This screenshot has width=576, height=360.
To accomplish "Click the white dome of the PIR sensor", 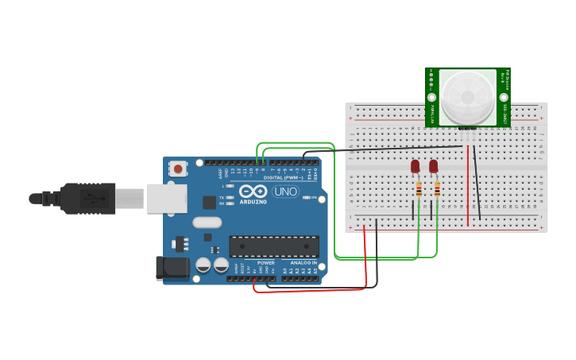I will (x=467, y=95).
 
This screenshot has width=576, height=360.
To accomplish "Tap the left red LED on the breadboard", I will (x=415, y=166).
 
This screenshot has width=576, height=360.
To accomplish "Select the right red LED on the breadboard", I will (x=433, y=166).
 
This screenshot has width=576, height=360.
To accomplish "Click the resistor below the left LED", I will (x=419, y=189).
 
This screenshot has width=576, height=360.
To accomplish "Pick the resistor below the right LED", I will (x=437, y=189).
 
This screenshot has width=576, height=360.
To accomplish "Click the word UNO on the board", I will (x=285, y=192).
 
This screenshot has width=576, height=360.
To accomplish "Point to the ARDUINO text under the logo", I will (x=253, y=201).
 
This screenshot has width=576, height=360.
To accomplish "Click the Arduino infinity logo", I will (x=253, y=192).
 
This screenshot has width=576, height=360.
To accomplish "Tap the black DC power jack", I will (x=172, y=268).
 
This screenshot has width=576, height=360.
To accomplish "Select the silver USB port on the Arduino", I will (x=167, y=198).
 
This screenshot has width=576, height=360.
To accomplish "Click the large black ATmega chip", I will (x=274, y=246).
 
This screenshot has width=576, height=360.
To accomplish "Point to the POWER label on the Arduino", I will (x=266, y=262).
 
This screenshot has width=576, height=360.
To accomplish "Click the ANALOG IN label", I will (x=303, y=262).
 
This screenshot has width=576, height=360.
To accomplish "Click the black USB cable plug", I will (x=87, y=198).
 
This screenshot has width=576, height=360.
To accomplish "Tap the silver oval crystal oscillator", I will (x=207, y=223).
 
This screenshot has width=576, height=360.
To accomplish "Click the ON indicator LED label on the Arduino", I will (x=314, y=197).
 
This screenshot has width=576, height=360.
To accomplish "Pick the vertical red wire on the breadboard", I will (x=468, y=184).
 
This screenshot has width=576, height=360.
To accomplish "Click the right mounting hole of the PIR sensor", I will (x=504, y=72).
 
